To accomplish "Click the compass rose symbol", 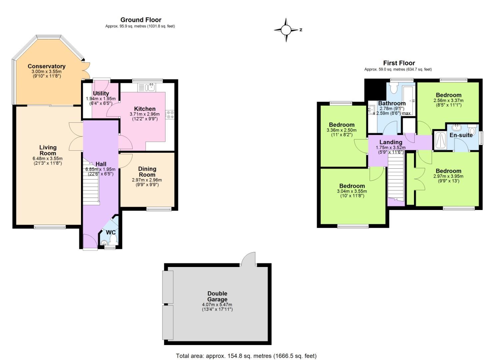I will point(286,30).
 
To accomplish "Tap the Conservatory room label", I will point(46,66).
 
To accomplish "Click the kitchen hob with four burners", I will point(170,114).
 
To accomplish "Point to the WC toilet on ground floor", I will point(113,239).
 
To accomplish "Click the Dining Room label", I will point(147,172).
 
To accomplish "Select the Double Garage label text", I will point(217,296).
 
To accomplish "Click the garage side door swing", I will point(249,259).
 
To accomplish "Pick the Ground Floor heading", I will point(141,20).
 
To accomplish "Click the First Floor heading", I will point(399,63).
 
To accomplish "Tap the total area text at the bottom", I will point(246,356).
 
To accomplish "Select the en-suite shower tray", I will point(440,140).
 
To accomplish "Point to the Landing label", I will point(391,142).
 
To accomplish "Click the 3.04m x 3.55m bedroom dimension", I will point(352,191).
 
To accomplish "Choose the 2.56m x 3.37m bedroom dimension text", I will point(448,100).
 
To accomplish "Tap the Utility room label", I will point(101,94).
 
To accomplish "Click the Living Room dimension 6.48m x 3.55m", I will point(48,159).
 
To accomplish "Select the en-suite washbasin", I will point(456,127).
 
